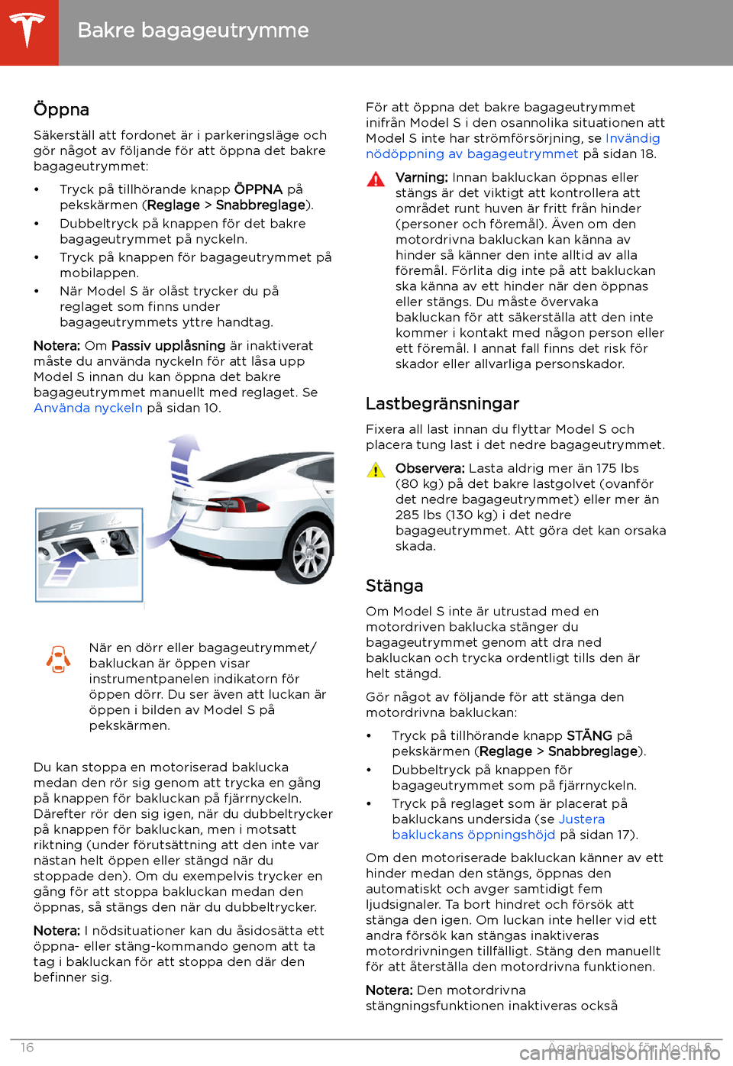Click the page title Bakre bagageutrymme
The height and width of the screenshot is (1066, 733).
click(x=193, y=31)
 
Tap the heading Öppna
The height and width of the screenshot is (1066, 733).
click(x=61, y=109)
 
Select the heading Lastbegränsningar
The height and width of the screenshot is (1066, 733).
click(x=442, y=403)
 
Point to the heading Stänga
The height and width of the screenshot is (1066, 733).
click(x=394, y=586)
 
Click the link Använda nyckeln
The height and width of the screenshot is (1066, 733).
click(x=88, y=408)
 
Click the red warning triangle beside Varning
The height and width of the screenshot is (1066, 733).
click(x=376, y=179)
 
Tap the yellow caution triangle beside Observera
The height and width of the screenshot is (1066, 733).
click(x=376, y=470)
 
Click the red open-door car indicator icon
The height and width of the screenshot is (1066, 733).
click(x=59, y=658)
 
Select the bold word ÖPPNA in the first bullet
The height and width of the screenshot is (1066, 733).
click(x=258, y=189)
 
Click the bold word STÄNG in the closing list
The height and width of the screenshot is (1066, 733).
click(x=589, y=735)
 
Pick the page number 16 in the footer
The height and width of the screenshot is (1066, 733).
click(x=27, y=1048)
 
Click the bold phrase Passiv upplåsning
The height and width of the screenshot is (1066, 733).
click(x=168, y=346)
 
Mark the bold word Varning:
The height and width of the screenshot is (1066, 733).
click(x=421, y=177)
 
